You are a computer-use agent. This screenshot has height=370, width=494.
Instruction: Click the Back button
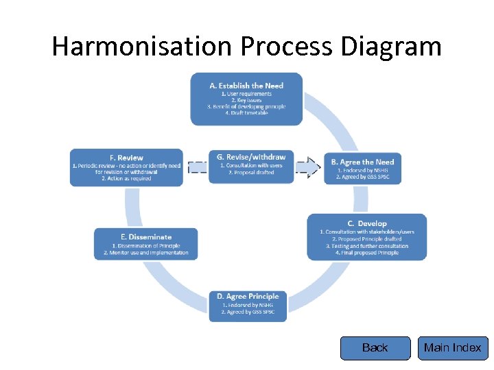375,348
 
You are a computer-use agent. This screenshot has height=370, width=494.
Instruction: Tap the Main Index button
452,348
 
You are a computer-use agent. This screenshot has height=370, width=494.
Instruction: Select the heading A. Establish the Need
246,86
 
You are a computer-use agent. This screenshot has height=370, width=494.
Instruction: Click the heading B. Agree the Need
362,162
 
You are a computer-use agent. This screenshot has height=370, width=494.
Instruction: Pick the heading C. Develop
367,223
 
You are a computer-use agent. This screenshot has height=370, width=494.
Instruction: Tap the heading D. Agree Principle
248,296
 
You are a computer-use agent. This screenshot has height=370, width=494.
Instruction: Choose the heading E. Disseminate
145,237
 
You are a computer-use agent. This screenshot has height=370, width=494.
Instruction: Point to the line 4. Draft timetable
246,113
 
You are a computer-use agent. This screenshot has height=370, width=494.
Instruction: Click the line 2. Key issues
246,100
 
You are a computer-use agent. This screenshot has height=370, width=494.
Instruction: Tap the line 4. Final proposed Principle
367,253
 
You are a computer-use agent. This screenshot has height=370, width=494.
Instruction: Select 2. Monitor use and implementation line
145,253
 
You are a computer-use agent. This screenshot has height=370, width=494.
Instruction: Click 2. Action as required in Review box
126,179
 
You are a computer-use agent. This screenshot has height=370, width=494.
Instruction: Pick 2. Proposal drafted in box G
250,173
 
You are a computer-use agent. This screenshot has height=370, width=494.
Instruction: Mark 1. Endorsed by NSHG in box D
248,305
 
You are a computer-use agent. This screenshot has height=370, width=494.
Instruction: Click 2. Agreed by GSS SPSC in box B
362,177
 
